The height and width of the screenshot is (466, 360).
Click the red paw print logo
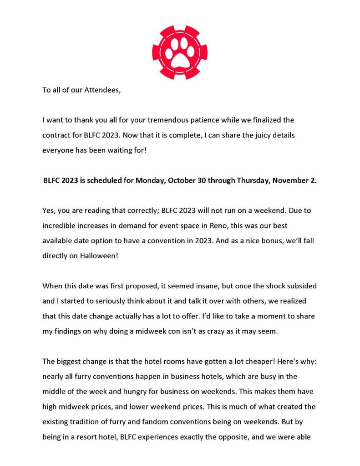click(180, 52)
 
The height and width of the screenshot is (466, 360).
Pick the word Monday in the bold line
click(152, 180)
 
